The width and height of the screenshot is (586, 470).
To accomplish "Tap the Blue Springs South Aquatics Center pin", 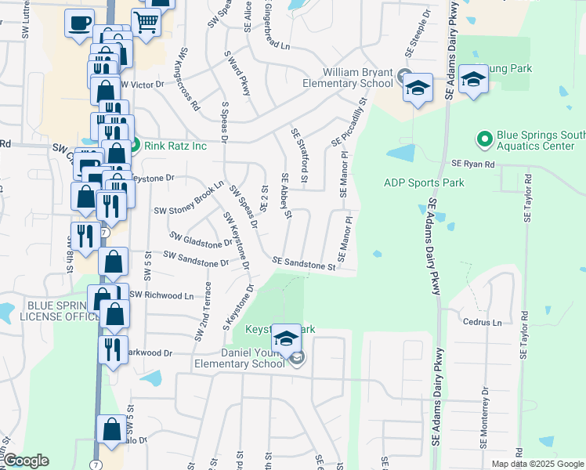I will (484, 140).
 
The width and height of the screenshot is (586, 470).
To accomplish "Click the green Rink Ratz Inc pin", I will (134, 145).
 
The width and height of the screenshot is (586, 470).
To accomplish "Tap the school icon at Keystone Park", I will (287, 338).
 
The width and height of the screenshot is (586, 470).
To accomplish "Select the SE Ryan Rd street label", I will (473, 164).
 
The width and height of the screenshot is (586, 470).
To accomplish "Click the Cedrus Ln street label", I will (482, 322).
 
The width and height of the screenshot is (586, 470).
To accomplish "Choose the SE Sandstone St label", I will (304, 264).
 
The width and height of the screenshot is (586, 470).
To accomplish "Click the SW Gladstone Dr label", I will (203, 239).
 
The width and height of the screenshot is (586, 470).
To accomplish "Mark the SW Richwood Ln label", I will (161, 295).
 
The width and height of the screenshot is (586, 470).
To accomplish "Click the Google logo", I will (26, 461).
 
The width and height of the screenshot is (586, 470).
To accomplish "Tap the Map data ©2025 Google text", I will (537, 464).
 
